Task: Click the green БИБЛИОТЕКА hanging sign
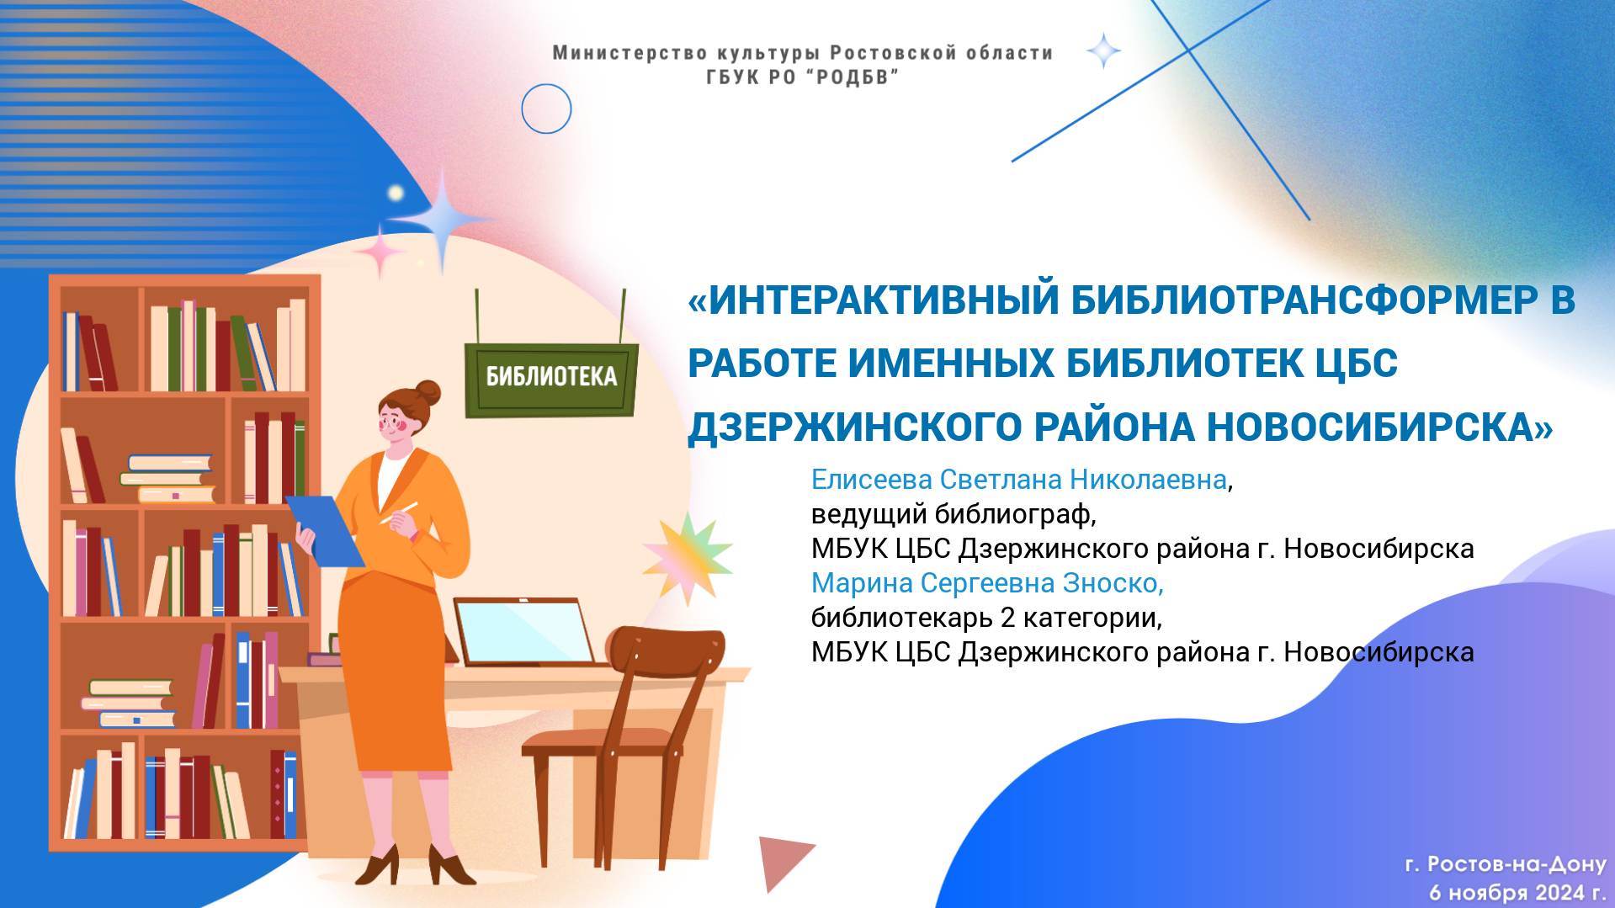[551, 378]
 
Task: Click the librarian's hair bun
[428, 392]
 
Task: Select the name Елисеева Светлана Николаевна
[1018, 480]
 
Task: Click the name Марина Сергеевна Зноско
[986, 583]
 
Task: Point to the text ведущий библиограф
[953, 514]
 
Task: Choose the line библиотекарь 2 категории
[985, 618]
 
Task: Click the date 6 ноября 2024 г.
[1517, 891]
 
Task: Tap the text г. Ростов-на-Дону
[1505, 864]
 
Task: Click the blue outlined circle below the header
[546, 109]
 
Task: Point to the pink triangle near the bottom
[782, 858]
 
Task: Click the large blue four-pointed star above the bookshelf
[442, 218]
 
